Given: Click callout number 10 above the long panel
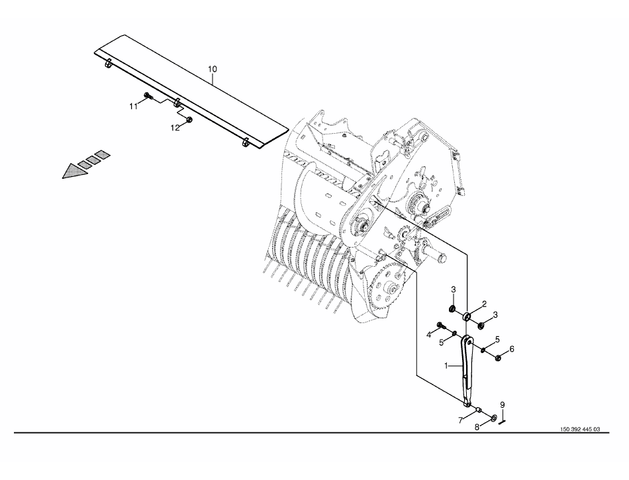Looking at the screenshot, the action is pos(213,69).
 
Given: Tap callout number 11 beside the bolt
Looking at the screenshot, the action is pos(133,107).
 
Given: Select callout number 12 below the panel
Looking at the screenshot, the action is pos(175,128).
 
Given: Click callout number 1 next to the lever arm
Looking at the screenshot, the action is pos(446,365).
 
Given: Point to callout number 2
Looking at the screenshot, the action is pos(484,304).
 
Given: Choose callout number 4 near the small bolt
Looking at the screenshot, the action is pos(428,335).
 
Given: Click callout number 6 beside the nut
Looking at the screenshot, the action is pos(511,350).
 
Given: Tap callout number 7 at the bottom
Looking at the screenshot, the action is pos(461,420).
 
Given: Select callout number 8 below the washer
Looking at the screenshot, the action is pos(477,428).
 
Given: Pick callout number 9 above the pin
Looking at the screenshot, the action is pos(503,405).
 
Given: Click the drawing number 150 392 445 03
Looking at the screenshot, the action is pos(580,429).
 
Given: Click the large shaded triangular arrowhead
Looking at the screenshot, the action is pos(75,171).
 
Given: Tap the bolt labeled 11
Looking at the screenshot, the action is pos(147,95).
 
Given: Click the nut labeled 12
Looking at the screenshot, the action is pos(190,119).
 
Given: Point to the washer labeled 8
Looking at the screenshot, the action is pos(493,418).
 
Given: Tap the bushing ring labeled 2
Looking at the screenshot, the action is pos(467,316).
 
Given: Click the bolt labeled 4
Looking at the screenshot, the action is pos(440,325).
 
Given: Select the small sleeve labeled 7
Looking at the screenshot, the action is pos(479,410).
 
